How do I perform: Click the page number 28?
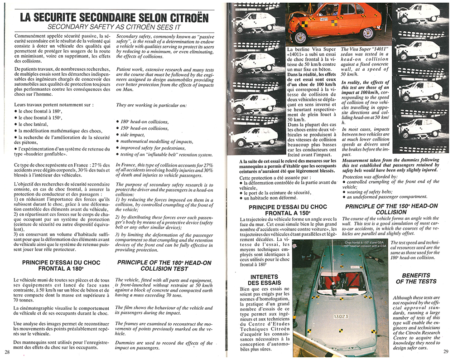click(7, 352)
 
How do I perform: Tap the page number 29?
click(445, 352)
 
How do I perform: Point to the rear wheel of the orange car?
click(368, 33)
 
